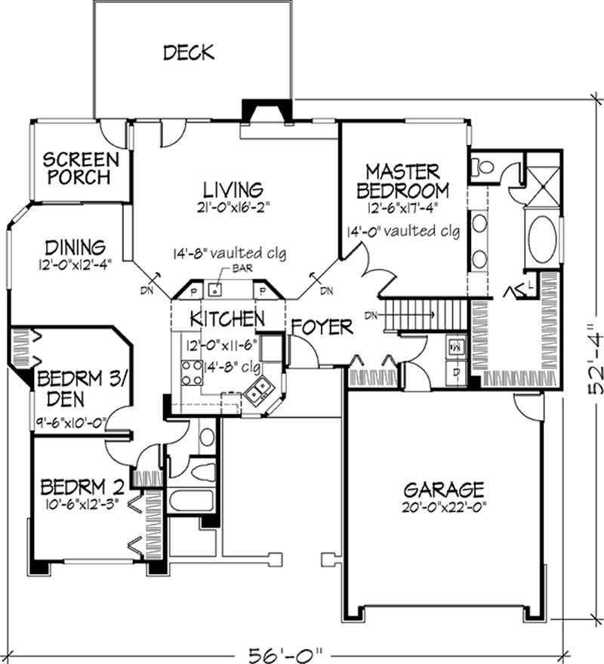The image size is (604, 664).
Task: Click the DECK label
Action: (189, 52)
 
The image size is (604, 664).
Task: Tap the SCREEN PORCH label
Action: (80, 168)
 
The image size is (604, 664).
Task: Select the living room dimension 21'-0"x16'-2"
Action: (232, 205)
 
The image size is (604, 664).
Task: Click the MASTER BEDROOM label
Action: (406, 181)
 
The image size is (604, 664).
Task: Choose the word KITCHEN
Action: (226, 317)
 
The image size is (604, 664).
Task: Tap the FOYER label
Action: (322, 327)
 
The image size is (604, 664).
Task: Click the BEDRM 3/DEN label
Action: (72, 386)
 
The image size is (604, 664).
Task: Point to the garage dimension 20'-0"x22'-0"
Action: (442, 506)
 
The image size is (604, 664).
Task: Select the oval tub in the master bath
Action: (542, 241)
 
